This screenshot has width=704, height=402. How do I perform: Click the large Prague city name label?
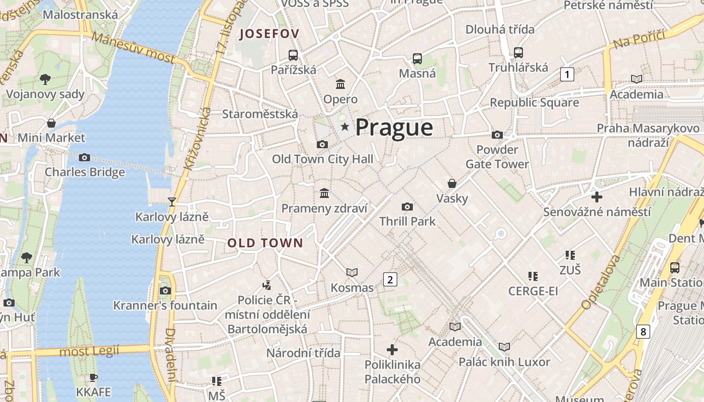pyautogui.click(x=394, y=128)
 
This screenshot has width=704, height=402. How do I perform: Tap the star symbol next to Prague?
pyautogui.click(x=345, y=127)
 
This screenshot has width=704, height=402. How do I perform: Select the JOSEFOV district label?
pyautogui.click(x=269, y=34)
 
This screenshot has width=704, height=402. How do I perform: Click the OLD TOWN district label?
pyautogui.click(x=265, y=243)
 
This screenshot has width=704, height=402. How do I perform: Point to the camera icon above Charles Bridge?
pyautogui.click(x=84, y=158)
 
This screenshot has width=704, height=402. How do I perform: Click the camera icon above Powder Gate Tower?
pyautogui.click(x=497, y=135)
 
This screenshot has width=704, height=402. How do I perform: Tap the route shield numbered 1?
pyautogui.click(x=567, y=75)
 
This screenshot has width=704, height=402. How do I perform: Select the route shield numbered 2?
pyautogui.click(x=390, y=279)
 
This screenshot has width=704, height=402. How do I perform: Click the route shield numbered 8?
pyautogui.click(x=643, y=332)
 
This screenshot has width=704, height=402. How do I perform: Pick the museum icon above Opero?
pyautogui.click(x=340, y=84)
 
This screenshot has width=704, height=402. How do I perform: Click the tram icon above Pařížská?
pyautogui.click(x=293, y=55)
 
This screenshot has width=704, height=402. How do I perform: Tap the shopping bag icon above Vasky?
pyautogui.click(x=452, y=183)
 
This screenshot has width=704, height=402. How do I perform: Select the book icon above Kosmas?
pyautogui.click(x=352, y=272)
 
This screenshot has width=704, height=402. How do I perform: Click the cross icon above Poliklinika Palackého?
pyautogui.click(x=392, y=349)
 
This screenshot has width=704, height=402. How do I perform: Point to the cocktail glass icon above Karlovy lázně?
pyautogui.click(x=172, y=202)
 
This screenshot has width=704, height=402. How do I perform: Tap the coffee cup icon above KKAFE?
pyautogui.click(x=93, y=377)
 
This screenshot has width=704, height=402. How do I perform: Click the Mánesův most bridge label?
pyautogui.click(x=134, y=48)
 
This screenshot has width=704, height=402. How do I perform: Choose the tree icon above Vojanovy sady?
pyautogui.click(x=45, y=79)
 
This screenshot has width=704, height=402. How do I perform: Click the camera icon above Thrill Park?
pyautogui.click(x=407, y=207)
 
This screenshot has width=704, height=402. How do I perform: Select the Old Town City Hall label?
pyautogui.click(x=322, y=159)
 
